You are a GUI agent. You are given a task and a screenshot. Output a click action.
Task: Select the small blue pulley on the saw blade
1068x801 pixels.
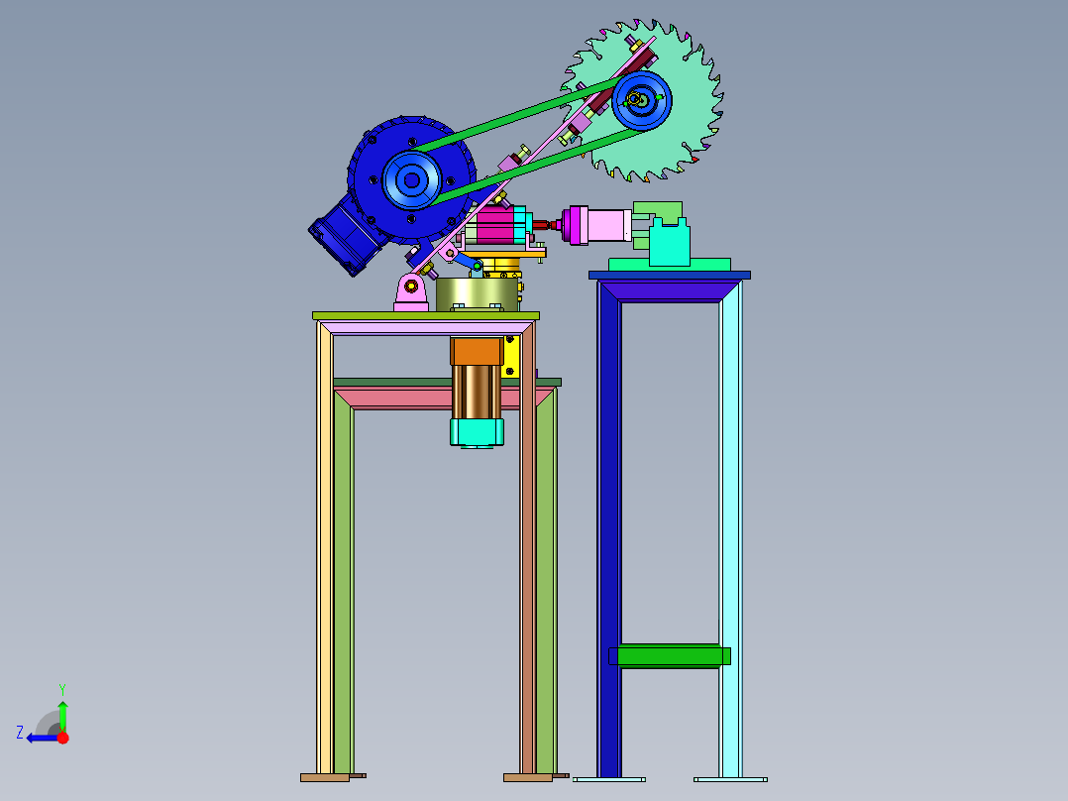(642, 100)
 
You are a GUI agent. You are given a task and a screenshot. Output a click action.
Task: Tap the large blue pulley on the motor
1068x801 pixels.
(412, 180)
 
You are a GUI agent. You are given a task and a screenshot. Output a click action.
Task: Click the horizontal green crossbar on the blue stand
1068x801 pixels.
(670, 656)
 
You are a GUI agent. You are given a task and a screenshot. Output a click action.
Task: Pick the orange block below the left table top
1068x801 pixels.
(477, 351)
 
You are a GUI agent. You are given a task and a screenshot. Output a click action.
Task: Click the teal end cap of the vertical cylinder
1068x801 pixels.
(477, 432)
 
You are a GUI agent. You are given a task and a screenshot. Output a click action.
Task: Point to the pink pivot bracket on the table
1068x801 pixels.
(411, 292)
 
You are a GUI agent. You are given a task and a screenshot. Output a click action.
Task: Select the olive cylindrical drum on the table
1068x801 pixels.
(477, 293)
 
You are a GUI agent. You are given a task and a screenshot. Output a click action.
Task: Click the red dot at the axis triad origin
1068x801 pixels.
(62, 738)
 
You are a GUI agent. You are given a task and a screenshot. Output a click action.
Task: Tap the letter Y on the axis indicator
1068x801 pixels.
(62, 689)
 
